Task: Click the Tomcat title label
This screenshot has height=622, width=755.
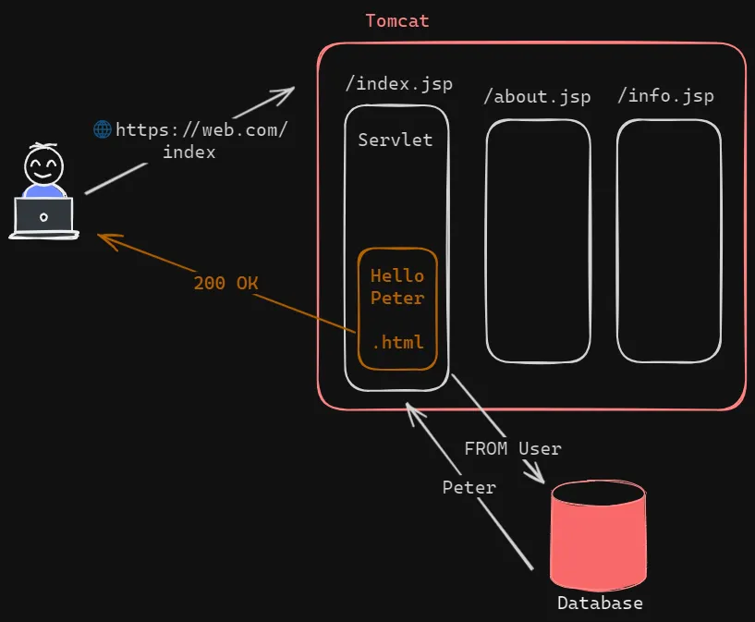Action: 397,20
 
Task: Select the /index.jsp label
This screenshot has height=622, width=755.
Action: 399,84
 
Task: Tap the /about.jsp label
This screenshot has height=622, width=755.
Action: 537,96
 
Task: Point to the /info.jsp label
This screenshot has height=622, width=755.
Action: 665,95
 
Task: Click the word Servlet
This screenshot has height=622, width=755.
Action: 396,140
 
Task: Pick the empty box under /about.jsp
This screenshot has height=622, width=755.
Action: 538,240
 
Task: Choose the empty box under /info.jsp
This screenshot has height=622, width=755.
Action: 669,240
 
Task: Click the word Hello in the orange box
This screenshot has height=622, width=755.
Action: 397,275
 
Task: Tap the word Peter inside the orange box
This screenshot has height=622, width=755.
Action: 397,299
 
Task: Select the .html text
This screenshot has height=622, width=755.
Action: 398,342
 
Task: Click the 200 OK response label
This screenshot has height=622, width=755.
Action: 225,283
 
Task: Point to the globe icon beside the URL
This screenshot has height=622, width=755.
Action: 103,129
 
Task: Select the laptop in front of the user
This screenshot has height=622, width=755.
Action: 43,216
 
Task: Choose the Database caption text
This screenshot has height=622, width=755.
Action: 600,604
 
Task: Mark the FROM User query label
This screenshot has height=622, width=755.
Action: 513,448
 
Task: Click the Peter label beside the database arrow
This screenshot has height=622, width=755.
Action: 469,487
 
